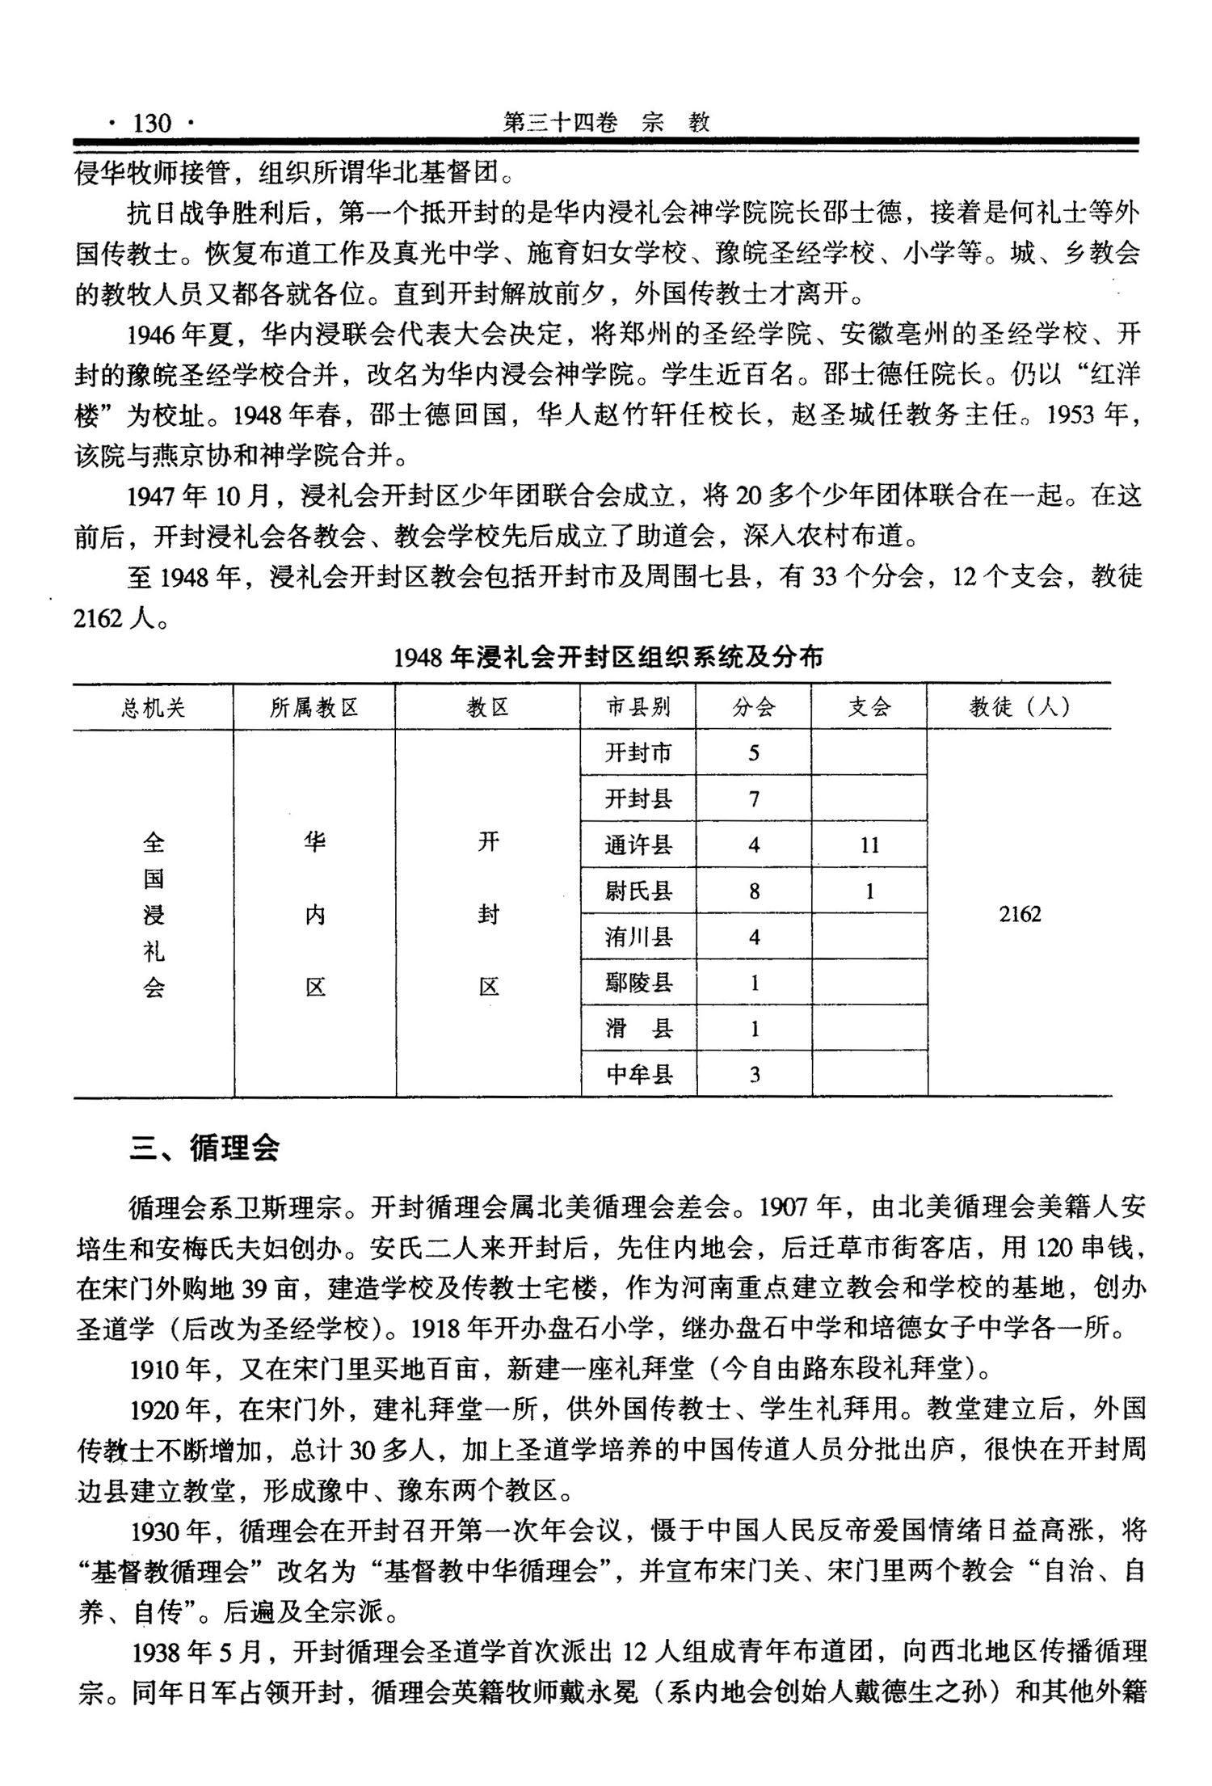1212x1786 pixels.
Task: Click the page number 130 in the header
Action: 152,124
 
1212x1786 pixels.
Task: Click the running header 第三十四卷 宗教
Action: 606,122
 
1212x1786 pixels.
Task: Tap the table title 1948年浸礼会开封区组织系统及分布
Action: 608,657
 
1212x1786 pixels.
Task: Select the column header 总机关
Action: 154,708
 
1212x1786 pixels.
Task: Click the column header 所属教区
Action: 314,708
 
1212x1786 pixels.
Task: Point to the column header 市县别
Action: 638,708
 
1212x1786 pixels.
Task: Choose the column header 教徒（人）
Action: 1020,708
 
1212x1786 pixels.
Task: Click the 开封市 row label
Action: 638,753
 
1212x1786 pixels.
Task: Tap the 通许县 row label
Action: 638,845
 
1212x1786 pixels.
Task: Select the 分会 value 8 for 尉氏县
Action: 754,891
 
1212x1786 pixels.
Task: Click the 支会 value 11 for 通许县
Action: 869,845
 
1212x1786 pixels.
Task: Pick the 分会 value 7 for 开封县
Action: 754,799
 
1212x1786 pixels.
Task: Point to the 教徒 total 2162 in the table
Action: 1020,914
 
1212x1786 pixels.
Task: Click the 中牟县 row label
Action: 638,1075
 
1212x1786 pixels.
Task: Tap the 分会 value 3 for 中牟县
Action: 754,1075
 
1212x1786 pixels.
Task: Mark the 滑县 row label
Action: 638,1029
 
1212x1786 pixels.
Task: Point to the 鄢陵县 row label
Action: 638,984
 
